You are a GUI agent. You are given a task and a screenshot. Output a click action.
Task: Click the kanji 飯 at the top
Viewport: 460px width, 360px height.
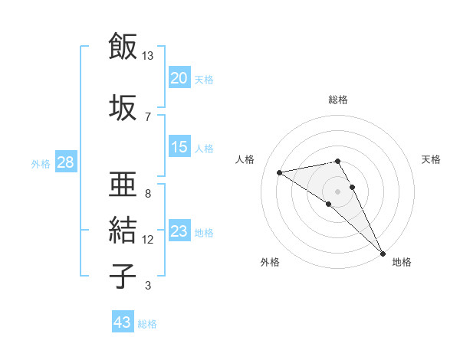[123, 47]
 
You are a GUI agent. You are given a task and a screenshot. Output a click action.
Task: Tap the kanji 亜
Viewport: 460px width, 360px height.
[123, 184]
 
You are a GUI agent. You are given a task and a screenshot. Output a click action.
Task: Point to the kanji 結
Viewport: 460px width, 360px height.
[123, 230]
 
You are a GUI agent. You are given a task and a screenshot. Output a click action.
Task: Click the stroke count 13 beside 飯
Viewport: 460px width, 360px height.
[148, 56]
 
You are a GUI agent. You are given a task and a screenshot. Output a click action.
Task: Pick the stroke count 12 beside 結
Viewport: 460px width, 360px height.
[148, 240]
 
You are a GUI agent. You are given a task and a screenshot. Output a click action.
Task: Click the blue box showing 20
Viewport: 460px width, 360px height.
[179, 78]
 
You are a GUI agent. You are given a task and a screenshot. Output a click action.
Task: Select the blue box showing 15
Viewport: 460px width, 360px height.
[179, 147]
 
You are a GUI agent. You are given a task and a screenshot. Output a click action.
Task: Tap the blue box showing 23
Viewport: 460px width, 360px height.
[179, 231]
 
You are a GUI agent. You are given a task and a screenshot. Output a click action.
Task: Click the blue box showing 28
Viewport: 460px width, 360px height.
[65, 162]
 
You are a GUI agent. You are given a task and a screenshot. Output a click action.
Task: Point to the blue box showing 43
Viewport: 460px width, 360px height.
[122, 322]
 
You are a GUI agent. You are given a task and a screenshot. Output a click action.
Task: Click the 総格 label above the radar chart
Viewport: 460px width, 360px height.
[338, 100]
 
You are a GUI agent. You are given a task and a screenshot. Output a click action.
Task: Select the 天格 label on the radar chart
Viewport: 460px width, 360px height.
[432, 159]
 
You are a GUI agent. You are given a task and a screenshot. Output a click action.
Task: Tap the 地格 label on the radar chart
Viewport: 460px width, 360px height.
[402, 262]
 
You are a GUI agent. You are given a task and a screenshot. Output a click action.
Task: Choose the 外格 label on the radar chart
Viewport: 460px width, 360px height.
[270, 262]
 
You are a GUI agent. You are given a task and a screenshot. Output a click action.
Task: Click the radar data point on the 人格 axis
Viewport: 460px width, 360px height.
[280, 172]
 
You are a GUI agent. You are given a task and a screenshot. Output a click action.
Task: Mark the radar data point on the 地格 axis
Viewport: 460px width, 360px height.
[383, 253]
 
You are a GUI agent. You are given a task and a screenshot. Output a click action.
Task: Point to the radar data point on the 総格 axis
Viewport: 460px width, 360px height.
[338, 161]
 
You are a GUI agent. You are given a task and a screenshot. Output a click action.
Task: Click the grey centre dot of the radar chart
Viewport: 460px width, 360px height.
[338, 191]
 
